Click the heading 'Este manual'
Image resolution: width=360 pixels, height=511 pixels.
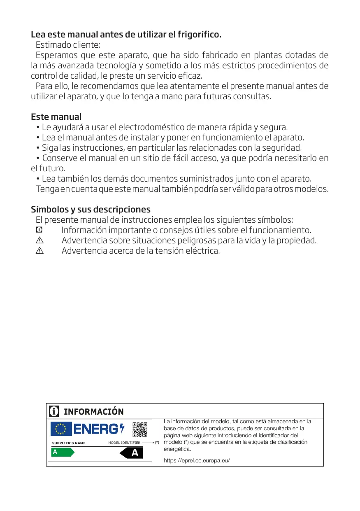pyautogui.click(x=56, y=117)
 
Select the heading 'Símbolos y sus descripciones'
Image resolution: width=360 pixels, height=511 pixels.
pyautogui.click(x=91, y=209)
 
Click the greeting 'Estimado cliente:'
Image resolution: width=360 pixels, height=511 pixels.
pyautogui.click(x=68, y=44)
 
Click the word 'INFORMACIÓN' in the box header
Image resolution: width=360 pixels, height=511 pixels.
pyautogui.click(x=93, y=411)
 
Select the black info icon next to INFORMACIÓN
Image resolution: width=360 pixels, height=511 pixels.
pyautogui.click(x=53, y=411)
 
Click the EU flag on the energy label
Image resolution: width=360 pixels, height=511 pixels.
pyautogui.click(x=61, y=429)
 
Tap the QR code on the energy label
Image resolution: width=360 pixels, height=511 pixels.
pyautogui.click(x=140, y=430)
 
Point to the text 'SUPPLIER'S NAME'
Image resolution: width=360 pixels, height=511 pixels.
pyautogui.click(x=69, y=443)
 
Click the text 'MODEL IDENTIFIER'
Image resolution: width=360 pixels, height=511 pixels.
pyautogui.click(x=124, y=443)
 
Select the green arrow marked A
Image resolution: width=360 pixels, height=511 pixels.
pyautogui.click(x=62, y=452)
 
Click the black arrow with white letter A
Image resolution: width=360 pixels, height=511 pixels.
pyautogui.click(x=131, y=453)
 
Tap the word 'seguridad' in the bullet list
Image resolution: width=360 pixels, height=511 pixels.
pyautogui.click(x=283, y=147)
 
